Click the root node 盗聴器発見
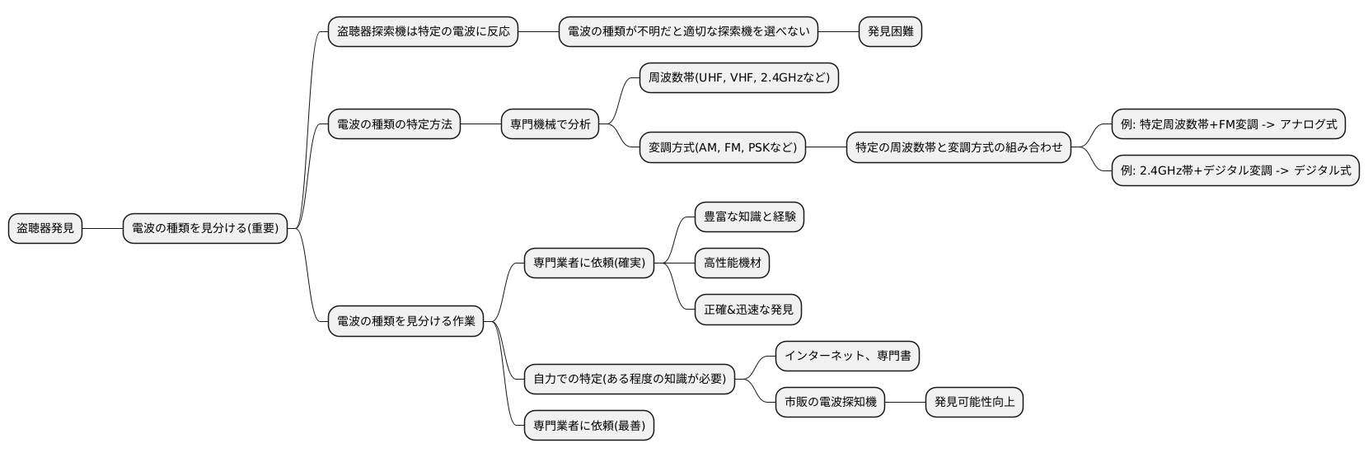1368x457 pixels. point(45,228)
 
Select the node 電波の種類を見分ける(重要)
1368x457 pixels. point(205,228)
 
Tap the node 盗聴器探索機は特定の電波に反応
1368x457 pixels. point(423,32)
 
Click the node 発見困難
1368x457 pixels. point(890,32)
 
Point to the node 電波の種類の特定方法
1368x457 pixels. point(394,124)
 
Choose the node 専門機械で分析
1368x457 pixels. point(550,124)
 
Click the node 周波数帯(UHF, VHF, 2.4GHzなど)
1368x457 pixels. point(738,78)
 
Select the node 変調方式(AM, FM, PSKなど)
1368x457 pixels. point(722,148)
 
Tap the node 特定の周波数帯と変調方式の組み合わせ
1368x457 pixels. point(958,148)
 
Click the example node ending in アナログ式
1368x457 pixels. point(1228,124)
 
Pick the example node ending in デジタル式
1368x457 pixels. point(1234,170)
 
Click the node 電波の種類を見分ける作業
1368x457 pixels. point(405,320)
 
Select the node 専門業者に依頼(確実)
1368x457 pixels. point(588,263)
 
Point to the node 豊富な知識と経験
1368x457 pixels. point(749,217)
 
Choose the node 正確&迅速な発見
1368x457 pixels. point(748,310)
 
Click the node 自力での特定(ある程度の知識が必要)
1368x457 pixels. point(630,379)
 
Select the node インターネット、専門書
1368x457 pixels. point(847,356)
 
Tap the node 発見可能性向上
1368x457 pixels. point(974,402)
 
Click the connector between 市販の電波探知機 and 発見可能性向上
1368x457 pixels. point(905,402)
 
